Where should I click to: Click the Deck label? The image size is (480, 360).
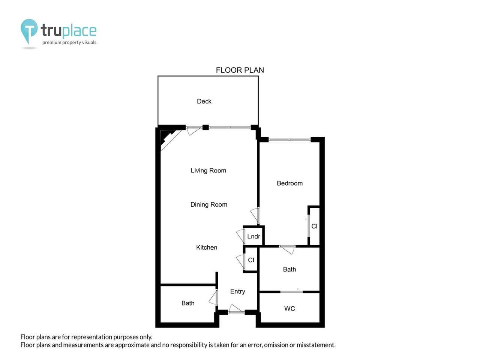204,101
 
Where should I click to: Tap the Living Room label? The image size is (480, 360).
208,171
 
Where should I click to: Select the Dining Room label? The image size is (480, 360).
208,205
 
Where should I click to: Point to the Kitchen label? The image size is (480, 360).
207,247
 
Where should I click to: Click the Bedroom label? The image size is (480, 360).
289,183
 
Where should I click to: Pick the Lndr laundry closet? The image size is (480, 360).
253,236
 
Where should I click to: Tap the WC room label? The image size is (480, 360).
289,309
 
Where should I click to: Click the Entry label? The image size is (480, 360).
237,291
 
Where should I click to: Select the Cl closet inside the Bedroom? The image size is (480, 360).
314,226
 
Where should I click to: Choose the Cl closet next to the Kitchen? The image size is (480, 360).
251,260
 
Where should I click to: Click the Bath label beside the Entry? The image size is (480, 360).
188,303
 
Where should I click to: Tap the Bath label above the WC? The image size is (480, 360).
289,269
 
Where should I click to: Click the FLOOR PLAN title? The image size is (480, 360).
240,70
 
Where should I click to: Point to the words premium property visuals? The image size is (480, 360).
69,42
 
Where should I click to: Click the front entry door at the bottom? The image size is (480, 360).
236,311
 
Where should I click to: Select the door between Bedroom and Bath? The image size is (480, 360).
287,248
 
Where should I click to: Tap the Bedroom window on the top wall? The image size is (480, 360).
289,140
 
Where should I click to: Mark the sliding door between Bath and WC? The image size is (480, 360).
292,291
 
